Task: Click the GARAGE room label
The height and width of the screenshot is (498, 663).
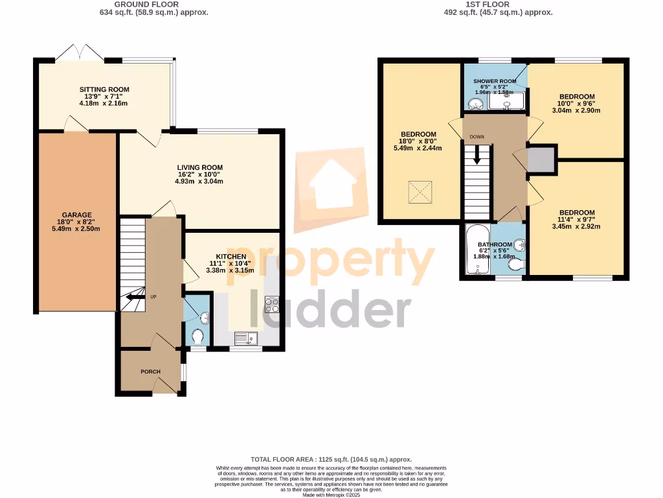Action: click(x=77, y=215)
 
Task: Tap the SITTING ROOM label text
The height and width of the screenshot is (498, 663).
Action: click(x=104, y=89)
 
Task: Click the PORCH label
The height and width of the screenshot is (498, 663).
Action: click(x=150, y=372)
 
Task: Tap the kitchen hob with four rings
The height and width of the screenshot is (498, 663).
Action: click(x=272, y=305)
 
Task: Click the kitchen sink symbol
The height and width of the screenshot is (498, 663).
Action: click(x=246, y=338)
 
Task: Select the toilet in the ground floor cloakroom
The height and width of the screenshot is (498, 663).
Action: click(x=199, y=336)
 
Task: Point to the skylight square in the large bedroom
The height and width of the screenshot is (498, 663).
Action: click(x=419, y=190)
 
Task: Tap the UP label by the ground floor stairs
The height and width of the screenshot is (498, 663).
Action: click(x=154, y=297)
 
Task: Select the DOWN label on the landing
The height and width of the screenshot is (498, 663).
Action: click(x=477, y=137)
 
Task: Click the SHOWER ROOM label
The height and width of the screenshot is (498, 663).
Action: click(x=495, y=81)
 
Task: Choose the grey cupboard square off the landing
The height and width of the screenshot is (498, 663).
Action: click(x=541, y=160)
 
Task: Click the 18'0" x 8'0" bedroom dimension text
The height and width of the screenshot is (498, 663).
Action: click(x=417, y=141)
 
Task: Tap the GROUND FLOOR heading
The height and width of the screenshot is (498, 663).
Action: click(x=138, y=5)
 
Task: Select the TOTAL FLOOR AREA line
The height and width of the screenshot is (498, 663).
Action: click(x=331, y=459)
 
